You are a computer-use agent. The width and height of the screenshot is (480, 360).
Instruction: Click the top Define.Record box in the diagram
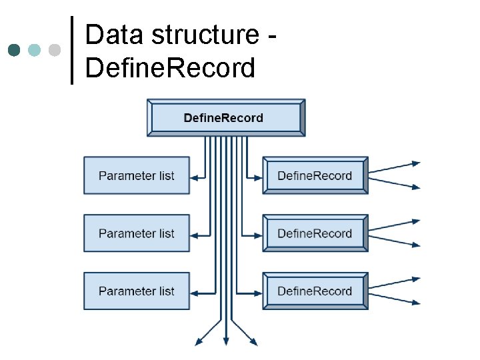coord(226,118)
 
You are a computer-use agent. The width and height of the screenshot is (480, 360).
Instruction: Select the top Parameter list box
coord(137,175)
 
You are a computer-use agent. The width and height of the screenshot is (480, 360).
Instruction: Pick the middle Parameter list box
coord(137,233)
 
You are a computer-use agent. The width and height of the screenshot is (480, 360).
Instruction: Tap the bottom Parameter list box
coord(137,291)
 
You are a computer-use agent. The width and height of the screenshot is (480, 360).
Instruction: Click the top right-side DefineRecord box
coord(315,175)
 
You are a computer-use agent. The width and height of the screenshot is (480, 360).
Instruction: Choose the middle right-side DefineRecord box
coord(315,233)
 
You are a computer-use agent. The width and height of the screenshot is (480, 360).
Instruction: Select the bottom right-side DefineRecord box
coord(315,291)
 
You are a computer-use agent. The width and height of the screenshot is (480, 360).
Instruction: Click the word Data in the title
coord(113,35)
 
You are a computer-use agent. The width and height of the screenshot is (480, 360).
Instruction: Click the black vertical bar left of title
coord(72,50)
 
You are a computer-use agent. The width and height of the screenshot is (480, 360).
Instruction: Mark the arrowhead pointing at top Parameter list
coord(194,177)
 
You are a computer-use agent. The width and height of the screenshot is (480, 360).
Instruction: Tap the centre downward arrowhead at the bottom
coord(226,343)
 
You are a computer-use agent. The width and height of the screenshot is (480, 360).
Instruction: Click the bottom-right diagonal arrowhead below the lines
coord(254,343)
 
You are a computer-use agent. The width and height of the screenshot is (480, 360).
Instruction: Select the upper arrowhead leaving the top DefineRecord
coord(417,163)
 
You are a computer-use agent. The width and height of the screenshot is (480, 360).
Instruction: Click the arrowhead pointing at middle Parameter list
coord(194,235)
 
